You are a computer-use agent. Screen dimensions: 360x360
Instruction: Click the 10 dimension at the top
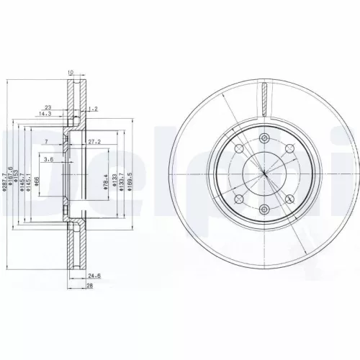point(71,73)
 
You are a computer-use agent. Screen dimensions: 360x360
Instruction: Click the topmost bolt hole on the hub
point(264,138)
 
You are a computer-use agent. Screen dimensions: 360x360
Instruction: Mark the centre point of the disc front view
point(264,174)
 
